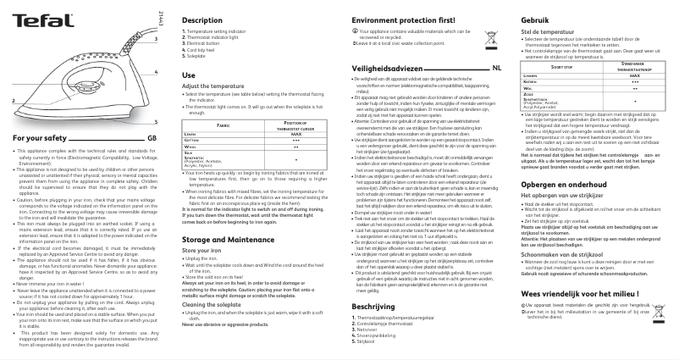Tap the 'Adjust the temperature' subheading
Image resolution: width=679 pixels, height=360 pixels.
[x=213, y=86]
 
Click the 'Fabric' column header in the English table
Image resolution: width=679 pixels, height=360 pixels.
[x=224, y=125]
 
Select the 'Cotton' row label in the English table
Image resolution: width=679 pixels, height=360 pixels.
[x=192, y=140]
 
